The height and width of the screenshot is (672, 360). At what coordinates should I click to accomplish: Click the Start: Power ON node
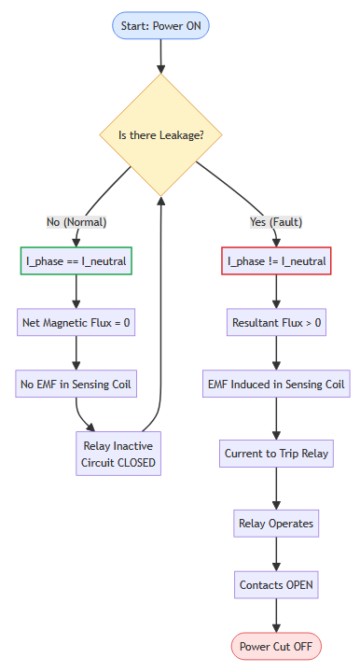(x=160, y=25)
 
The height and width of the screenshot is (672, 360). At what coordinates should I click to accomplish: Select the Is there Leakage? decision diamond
(x=161, y=134)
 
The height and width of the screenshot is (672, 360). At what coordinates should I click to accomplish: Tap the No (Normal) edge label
(x=76, y=222)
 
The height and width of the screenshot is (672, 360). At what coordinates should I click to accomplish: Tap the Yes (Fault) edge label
(x=276, y=222)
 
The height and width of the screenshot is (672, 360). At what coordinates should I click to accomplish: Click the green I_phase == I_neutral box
(x=76, y=261)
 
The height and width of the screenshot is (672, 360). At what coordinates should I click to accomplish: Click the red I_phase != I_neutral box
(x=276, y=261)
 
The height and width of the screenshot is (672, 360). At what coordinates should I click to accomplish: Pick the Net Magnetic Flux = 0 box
(x=76, y=324)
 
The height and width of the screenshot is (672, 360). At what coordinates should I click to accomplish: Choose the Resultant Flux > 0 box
(x=276, y=324)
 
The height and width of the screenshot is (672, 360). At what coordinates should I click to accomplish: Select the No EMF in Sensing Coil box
(x=76, y=384)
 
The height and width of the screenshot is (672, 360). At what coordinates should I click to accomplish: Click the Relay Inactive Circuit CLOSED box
(x=118, y=454)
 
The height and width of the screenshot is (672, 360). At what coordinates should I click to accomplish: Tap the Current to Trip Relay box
(x=276, y=454)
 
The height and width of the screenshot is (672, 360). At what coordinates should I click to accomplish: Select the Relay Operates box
(x=276, y=523)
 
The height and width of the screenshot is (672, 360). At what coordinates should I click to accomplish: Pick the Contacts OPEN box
(x=276, y=585)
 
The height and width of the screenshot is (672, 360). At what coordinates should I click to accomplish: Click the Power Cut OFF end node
(x=276, y=645)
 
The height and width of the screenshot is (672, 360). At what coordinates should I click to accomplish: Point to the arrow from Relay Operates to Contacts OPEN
(x=276, y=553)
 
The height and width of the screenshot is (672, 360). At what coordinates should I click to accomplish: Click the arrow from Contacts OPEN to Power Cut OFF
(x=276, y=615)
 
